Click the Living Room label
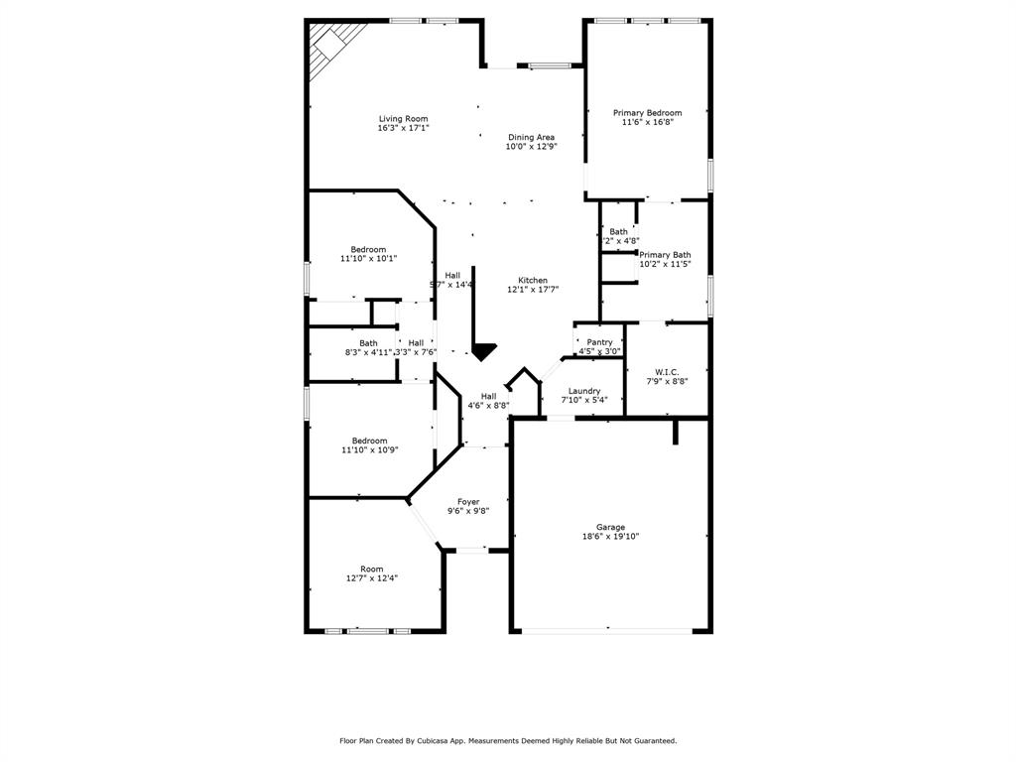pyautogui.click(x=403, y=119)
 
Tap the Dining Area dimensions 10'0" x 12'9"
pyautogui.click(x=531, y=147)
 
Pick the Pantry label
pyautogui.click(x=599, y=342)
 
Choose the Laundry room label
pyautogui.click(x=584, y=391)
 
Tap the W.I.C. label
pyautogui.click(x=666, y=372)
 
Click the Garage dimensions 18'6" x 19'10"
pyautogui.click(x=610, y=537)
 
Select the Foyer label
pyautogui.click(x=468, y=502)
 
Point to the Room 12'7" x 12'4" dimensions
pyautogui.click(x=372, y=578)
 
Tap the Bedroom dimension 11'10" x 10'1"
pyautogui.click(x=368, y=259)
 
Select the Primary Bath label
pyautogui.click(x=665, y=255)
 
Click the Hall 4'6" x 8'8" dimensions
pyautogui.click(x=488, y=406)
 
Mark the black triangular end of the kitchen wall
pyautogui.click(x=483, y=351)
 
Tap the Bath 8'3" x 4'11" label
pyautogui.click(x=368, y=343)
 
